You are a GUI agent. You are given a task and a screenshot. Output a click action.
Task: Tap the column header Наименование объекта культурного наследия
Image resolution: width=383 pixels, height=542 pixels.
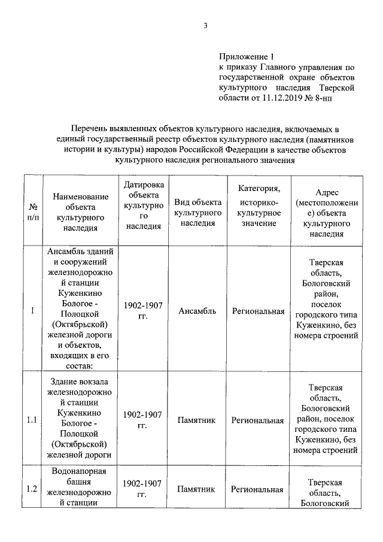(81, 212)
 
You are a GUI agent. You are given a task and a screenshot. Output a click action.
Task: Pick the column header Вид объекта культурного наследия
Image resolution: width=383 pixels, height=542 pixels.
(198, 212)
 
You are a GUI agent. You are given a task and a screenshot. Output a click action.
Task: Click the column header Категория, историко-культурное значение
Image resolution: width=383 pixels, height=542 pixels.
(257, 206)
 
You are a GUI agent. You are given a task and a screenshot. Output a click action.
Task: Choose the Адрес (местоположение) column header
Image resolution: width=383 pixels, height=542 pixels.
(326, 212)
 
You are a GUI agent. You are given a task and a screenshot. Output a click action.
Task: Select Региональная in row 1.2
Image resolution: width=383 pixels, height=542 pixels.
(257, 489)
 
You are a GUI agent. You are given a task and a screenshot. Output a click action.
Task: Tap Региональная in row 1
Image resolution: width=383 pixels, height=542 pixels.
(257, 310)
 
